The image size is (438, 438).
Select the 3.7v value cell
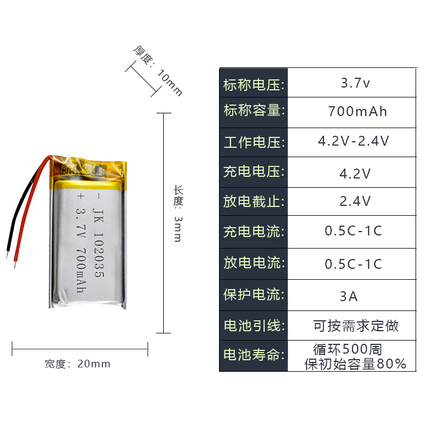pyautogui.click(x=355, y=84)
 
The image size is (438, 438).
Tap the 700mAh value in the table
pyautogui.click(x=357, y=112)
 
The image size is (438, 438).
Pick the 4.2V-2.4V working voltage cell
pyautogui.click(x=354, y=141)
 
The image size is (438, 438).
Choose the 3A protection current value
pyautogui.click(x=349, y=297)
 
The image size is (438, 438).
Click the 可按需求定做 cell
pyautogui.click(x=356, y=326)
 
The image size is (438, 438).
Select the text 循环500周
pyautogui.click(x=347, y=349)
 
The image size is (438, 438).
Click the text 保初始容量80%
pyautogui.click(x=355, y=364)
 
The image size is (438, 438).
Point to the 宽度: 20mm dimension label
pyautogui.click(x=77, y=364)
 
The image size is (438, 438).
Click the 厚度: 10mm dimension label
pyautogui.click(x=158, y=71)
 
